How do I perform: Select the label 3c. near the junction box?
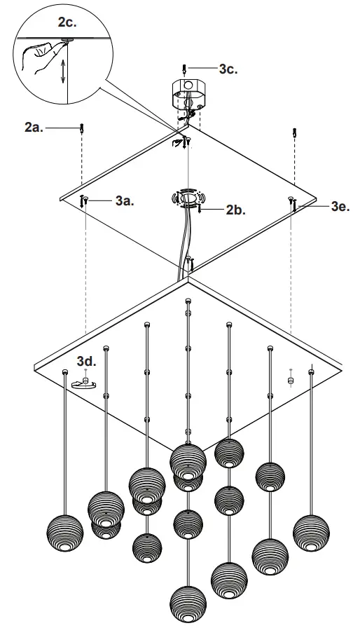coord(228,69)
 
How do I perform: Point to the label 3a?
coord(125,200)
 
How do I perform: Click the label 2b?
coord(236,209)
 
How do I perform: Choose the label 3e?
coord(340,206)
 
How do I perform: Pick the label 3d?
coord(86,362)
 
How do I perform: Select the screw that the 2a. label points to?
coord(83,128)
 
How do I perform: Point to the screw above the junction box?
coord(184,69)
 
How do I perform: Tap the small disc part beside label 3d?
coord(84,383)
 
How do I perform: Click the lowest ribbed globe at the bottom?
coord(188,603)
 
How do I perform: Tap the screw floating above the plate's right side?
coord(295,132)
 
